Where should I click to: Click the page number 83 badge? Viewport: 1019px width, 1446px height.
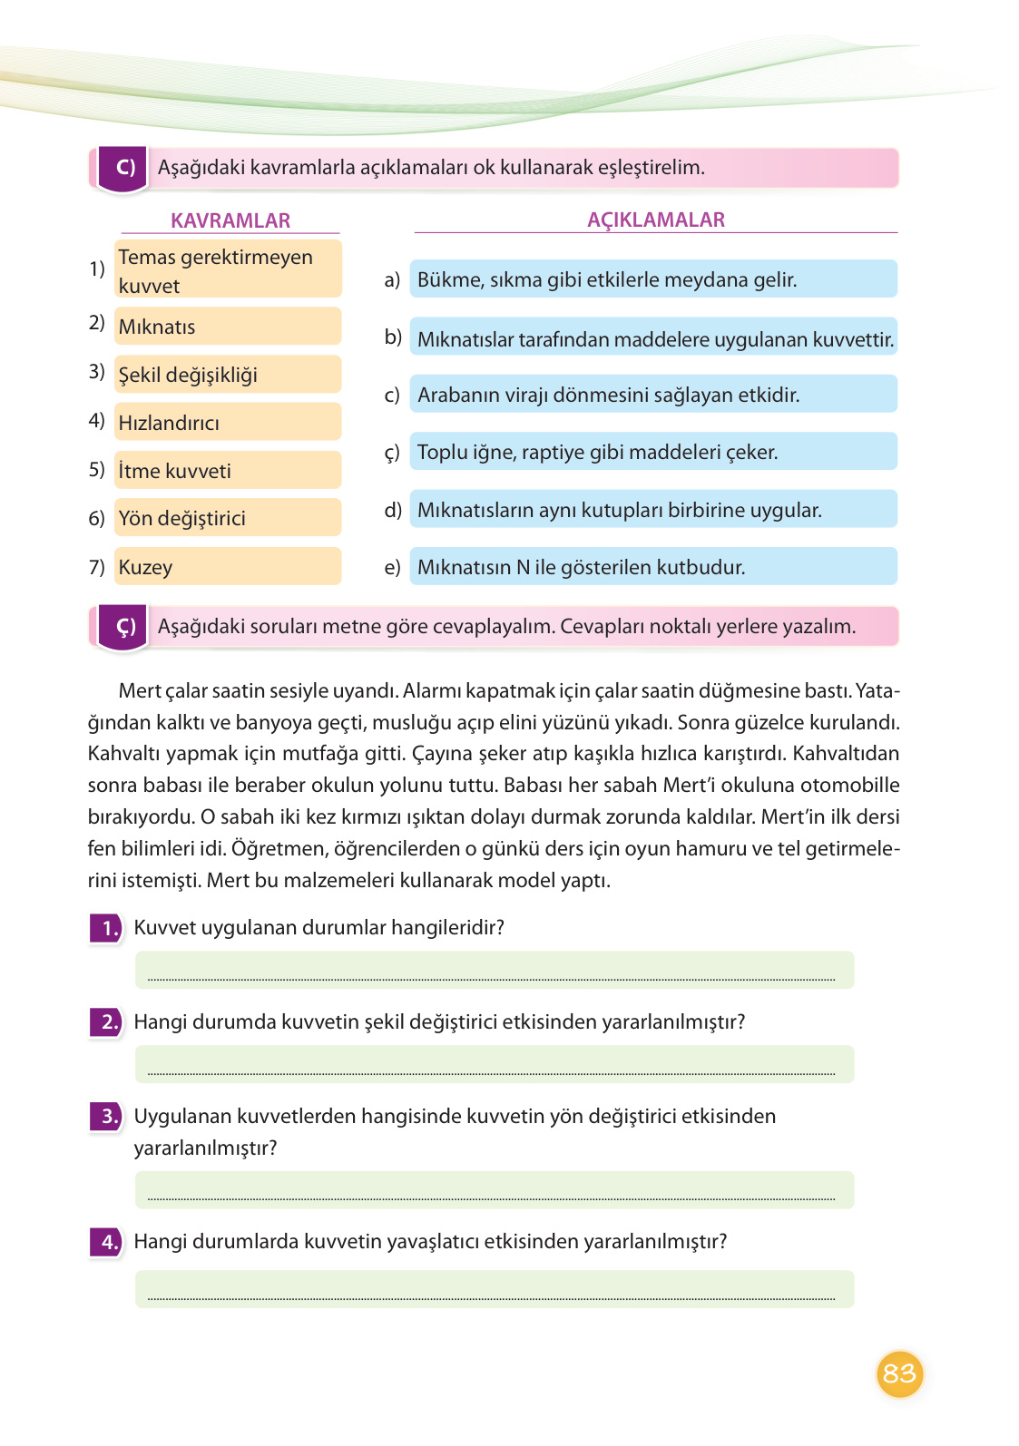tap(898, 1373)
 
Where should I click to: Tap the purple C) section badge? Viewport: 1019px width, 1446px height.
tap(124, 169)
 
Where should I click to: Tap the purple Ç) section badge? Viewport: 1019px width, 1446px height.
tap(124, 627)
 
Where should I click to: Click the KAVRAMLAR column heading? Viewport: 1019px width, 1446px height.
tap(230, 220)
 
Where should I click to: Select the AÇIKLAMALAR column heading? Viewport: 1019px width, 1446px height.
tap(655, 220)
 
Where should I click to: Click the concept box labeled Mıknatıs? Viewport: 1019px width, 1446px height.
tap(227, 327)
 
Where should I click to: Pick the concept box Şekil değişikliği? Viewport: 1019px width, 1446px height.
tap(227, 375)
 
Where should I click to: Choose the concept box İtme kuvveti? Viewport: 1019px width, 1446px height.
tap(227, 471)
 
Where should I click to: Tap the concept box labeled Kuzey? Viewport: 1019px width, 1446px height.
tap(227, 567)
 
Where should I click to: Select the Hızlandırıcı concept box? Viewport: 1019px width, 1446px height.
tap(227, 423)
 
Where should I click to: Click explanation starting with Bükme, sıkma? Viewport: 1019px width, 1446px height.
tap(652, 279)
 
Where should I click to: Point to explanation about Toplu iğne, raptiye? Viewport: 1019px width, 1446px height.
tap(652, 452)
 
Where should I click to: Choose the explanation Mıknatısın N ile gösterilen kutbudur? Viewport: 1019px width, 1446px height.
tap(652, 567)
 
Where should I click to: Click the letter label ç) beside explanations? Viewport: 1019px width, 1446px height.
tap(392, 453)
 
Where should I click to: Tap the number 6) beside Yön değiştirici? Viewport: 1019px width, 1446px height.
tap(97, 518)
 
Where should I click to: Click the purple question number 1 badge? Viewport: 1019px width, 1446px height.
tap(107, 928)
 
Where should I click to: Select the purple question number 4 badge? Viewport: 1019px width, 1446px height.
tap(107, 1242)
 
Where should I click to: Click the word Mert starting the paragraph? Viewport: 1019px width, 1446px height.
tap(140, 690)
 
